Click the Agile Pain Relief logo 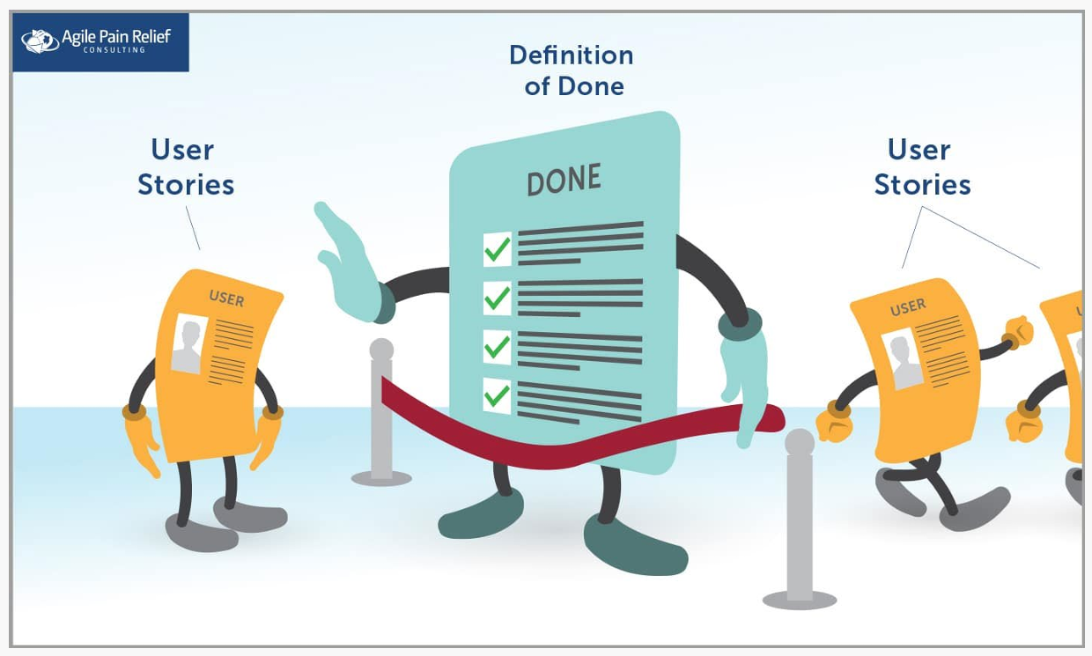pos(100,41)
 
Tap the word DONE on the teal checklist pos(564,181)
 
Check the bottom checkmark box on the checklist pos(498,395)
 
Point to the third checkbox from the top pos(498,347)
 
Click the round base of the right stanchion pos(799,600)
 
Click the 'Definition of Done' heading pos(572,70)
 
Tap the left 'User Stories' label pos(185,167)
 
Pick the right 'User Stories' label pos(921,167)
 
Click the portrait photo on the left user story pos(188,343)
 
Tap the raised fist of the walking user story pos(1018,333)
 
